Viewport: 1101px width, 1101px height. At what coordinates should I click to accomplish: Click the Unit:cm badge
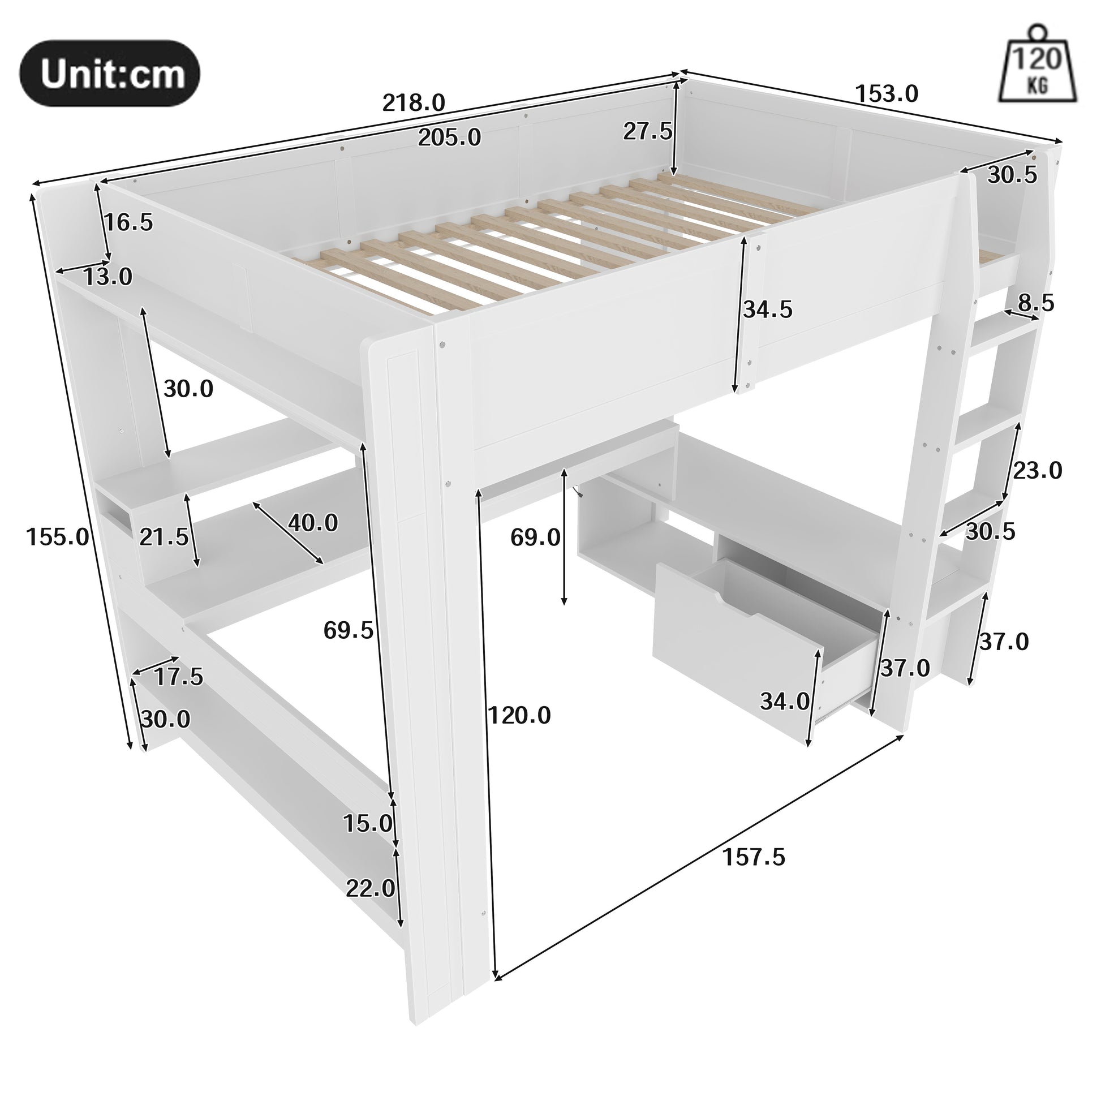(x=110, y=74)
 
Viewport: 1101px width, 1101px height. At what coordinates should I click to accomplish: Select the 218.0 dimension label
(x=414, y=103)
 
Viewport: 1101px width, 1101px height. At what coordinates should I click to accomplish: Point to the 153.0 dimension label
(x=887, y=93)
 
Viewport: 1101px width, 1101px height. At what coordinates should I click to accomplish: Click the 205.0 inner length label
(x=450, y=137)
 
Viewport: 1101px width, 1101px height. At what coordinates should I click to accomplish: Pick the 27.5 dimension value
(x=647, y=132)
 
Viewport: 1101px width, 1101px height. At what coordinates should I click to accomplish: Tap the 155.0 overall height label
(x=58, y=536)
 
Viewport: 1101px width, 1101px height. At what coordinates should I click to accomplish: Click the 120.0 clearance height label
(x=519, y=715)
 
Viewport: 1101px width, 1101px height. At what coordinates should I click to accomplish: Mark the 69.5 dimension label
(x=348, y=630)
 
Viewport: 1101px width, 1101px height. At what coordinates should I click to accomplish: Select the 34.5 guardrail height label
(x=768, y=309)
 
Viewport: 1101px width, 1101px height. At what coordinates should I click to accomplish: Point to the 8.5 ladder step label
(x=1036, y=303)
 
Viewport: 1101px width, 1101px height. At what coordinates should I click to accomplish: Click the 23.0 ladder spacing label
(x=1038, y=471)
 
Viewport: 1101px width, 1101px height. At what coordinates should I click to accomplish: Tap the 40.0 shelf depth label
(x=313, y=523)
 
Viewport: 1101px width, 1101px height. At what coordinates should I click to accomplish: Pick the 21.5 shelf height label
(x=164, y=536)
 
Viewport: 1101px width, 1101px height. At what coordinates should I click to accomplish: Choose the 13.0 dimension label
(x=107, y=277)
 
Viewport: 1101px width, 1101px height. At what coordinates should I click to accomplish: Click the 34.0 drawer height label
(x=785, y=702)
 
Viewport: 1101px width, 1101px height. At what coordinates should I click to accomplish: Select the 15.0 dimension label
(x=368, y=823)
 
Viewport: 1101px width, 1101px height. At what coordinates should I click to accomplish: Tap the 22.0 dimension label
(x=371, y=888)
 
